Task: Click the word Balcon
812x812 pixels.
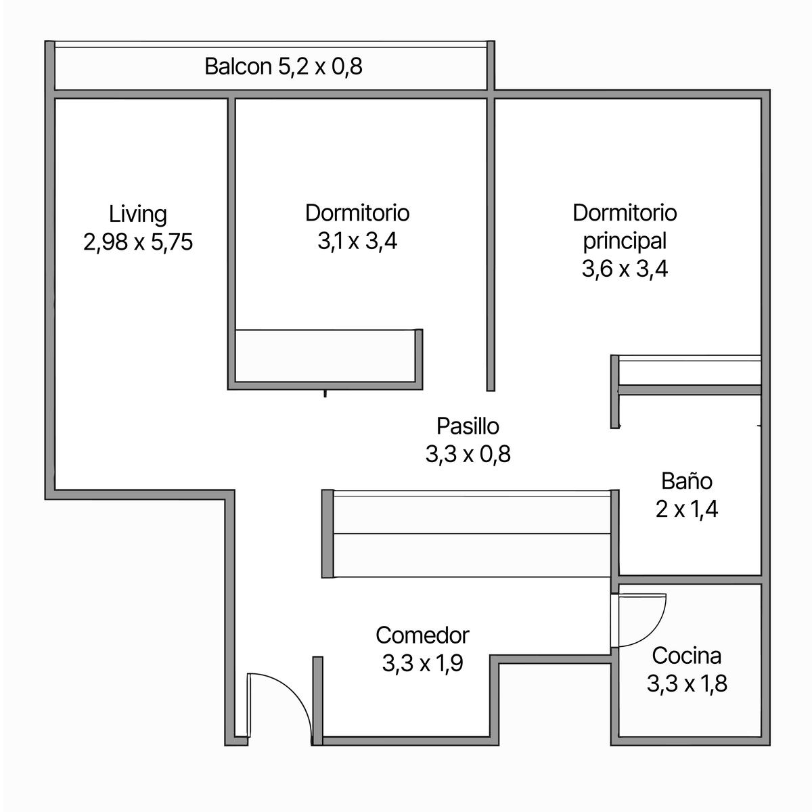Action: tap(238, 66)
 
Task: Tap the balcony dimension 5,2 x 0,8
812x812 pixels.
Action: tap(320, 67)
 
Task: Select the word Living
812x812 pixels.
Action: tap(138, 215)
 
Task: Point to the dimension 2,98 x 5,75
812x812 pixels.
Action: tap(138, 242)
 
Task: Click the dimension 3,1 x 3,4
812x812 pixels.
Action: tap(357, 242)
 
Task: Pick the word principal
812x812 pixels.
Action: tap(625, 242)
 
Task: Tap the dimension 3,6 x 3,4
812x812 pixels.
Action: tap(625, 269)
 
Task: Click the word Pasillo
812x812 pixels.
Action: tap(468, 426)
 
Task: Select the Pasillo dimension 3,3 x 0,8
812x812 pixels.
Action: tap(468, 454)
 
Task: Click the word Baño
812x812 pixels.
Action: tap(687, 481)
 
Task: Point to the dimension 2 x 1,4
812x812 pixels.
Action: tap(687, 509)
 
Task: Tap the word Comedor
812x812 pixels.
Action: tap(423, 635)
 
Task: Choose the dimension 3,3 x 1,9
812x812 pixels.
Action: tap(423, 663)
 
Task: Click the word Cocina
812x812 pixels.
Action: tap(687, 656)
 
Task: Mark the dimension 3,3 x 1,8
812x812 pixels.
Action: tap(687, 683)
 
